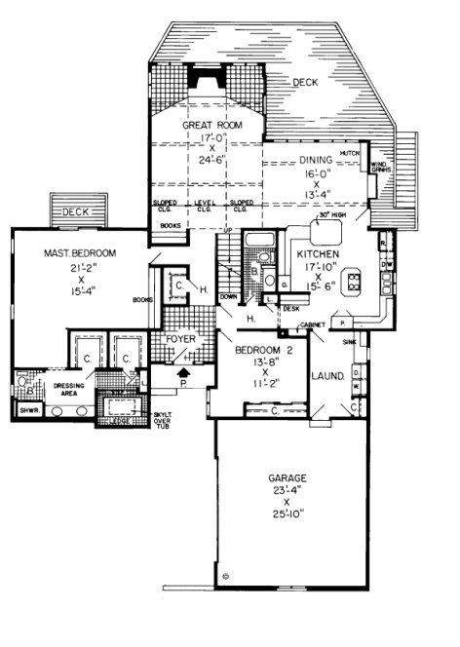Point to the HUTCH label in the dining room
click(351, 153)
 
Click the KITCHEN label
click(304, 250)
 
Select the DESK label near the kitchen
click(290, 308)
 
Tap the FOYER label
click(180, 339)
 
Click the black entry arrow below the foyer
click(180, 371)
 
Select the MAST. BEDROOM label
click(79, 253)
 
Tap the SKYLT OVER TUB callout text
click(163, 421)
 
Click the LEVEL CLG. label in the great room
click(204, 207)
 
